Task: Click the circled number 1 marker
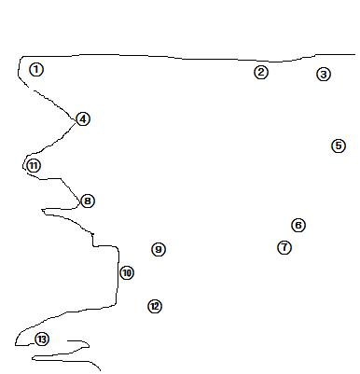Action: click(x=36, y=69)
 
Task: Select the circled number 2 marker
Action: click(x=261, y=72)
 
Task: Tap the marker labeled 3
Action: click(x=324, y=75)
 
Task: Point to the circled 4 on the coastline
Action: click(x=83, y=119)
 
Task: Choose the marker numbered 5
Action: click(x=339, y=145)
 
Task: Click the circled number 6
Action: click(x=298, y=225)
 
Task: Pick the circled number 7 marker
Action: click(x=284, y=247)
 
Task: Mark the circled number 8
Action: click(x=88, y=201)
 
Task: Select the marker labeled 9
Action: click(x=159, y=249)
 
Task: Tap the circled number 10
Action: click(x=127, y=273)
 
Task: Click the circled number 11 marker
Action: click(x=34, y=166)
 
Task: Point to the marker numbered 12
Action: click(x=155, y=307)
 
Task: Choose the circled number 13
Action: click(x=42, y=339)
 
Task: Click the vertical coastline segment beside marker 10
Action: click(x=118, y=275)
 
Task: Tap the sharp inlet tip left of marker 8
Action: click(x=42, y=210)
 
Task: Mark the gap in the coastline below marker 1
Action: click(x=32, y=90)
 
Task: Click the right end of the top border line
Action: click(x=355, y=55)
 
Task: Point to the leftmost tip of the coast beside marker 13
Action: click(x=15, y=345)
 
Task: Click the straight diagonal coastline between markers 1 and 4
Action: click(x=55, y=104)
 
